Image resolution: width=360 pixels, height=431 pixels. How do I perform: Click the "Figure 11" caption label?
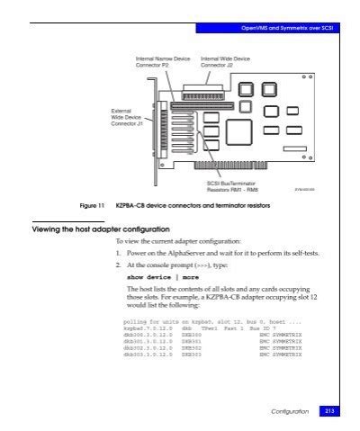[x=90, y=207]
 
